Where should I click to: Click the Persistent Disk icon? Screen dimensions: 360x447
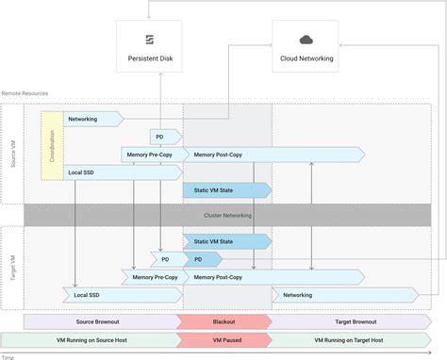pos(150,39)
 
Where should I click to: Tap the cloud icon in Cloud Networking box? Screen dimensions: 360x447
pos(306,39)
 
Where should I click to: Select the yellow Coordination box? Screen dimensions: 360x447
pos(51,145)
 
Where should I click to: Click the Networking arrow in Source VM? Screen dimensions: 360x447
pos(92,120)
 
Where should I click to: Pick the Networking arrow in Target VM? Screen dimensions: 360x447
pos(312,295)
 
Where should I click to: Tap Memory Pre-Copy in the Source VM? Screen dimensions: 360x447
pos(151,155)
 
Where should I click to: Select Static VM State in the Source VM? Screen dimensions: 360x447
pos(225,190)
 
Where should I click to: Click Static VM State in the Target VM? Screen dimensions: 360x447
pos(225,240)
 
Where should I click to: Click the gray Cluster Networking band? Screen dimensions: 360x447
pos(226,215)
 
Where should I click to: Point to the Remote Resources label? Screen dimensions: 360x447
pos(25,93)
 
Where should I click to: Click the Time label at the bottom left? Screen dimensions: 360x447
pos(8,356)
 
